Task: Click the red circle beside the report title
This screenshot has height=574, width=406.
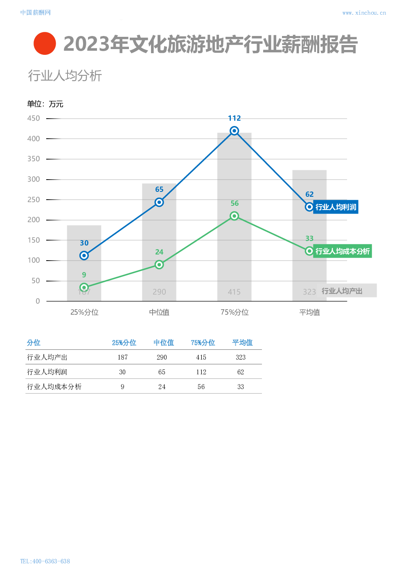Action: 45,43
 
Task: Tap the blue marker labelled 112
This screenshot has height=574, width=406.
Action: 234,131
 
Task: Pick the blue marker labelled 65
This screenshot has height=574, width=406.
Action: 159,202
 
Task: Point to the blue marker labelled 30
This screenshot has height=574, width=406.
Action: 84,256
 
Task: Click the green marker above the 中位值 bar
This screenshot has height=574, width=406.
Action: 159,265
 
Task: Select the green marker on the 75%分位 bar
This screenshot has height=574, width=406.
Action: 234,216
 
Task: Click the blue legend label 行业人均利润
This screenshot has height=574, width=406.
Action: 336,207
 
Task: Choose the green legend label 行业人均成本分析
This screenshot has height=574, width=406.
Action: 342,251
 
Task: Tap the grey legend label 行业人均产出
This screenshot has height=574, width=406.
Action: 346,291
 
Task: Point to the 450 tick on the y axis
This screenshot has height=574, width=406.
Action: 34,119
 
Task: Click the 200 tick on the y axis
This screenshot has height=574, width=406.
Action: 34,220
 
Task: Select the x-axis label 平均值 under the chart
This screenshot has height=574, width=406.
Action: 309,313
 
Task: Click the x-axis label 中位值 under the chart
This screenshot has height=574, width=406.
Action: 159,313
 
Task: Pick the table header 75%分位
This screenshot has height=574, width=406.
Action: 203,343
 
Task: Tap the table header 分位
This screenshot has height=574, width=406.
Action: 34,343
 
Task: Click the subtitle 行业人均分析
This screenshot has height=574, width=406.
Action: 65,76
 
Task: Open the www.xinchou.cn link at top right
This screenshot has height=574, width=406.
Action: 364,13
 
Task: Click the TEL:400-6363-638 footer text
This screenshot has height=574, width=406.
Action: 45,561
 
